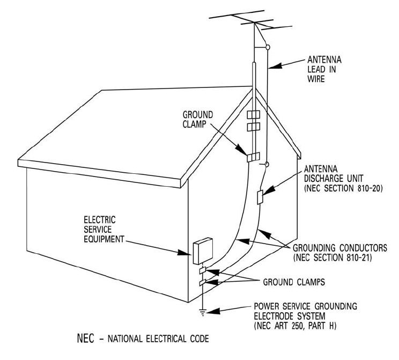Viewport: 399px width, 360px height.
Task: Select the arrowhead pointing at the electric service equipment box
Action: click(189, 251)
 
